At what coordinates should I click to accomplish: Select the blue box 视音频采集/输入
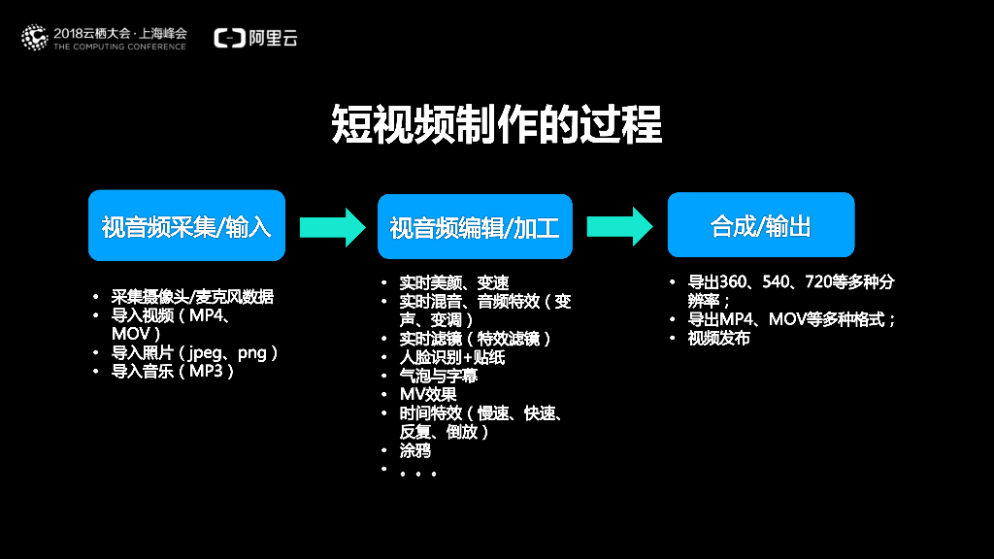186,225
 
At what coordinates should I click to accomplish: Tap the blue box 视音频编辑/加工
475,227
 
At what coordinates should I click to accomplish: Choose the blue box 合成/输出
761,225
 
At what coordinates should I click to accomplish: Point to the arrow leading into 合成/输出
619,226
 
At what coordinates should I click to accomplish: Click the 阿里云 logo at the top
256,38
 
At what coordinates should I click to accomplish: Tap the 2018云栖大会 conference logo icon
35,38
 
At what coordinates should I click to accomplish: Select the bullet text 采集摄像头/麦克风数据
192,297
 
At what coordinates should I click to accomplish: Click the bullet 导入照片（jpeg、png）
194,352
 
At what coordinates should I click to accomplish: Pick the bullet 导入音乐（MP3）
173,371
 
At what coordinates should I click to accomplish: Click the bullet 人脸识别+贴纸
452,357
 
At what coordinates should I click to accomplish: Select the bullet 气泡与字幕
439,376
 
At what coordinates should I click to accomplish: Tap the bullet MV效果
428,394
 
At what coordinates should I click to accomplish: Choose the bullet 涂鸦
414,450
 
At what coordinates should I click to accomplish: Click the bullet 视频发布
719,338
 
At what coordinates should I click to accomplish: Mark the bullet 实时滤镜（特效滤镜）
475,339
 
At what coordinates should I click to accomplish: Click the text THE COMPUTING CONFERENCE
119,47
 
